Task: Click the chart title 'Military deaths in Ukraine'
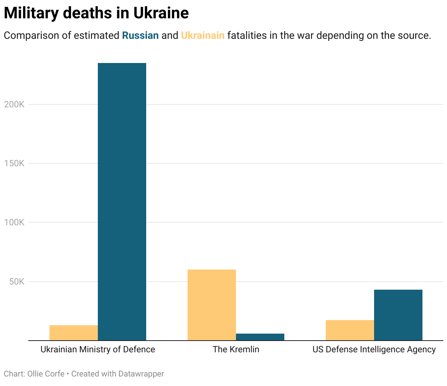[96, 13]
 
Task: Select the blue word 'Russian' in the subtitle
[140, 36]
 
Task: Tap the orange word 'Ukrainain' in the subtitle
[203, 36]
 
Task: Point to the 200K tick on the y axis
[14, 104]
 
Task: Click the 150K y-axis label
[14, 163]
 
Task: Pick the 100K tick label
[14, 222]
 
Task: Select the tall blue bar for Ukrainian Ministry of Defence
[122, 201]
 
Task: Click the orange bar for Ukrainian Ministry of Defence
[74, 333]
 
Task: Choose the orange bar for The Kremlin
[212, 305]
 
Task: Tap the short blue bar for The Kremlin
[260, 337]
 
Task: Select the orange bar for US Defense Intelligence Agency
[350, 330]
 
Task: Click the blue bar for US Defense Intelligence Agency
[398, 315]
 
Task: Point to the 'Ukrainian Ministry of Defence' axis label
[98, 349]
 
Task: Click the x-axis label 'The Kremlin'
[236, 349]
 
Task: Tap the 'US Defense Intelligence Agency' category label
[374, 349]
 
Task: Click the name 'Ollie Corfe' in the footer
[46, 374]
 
